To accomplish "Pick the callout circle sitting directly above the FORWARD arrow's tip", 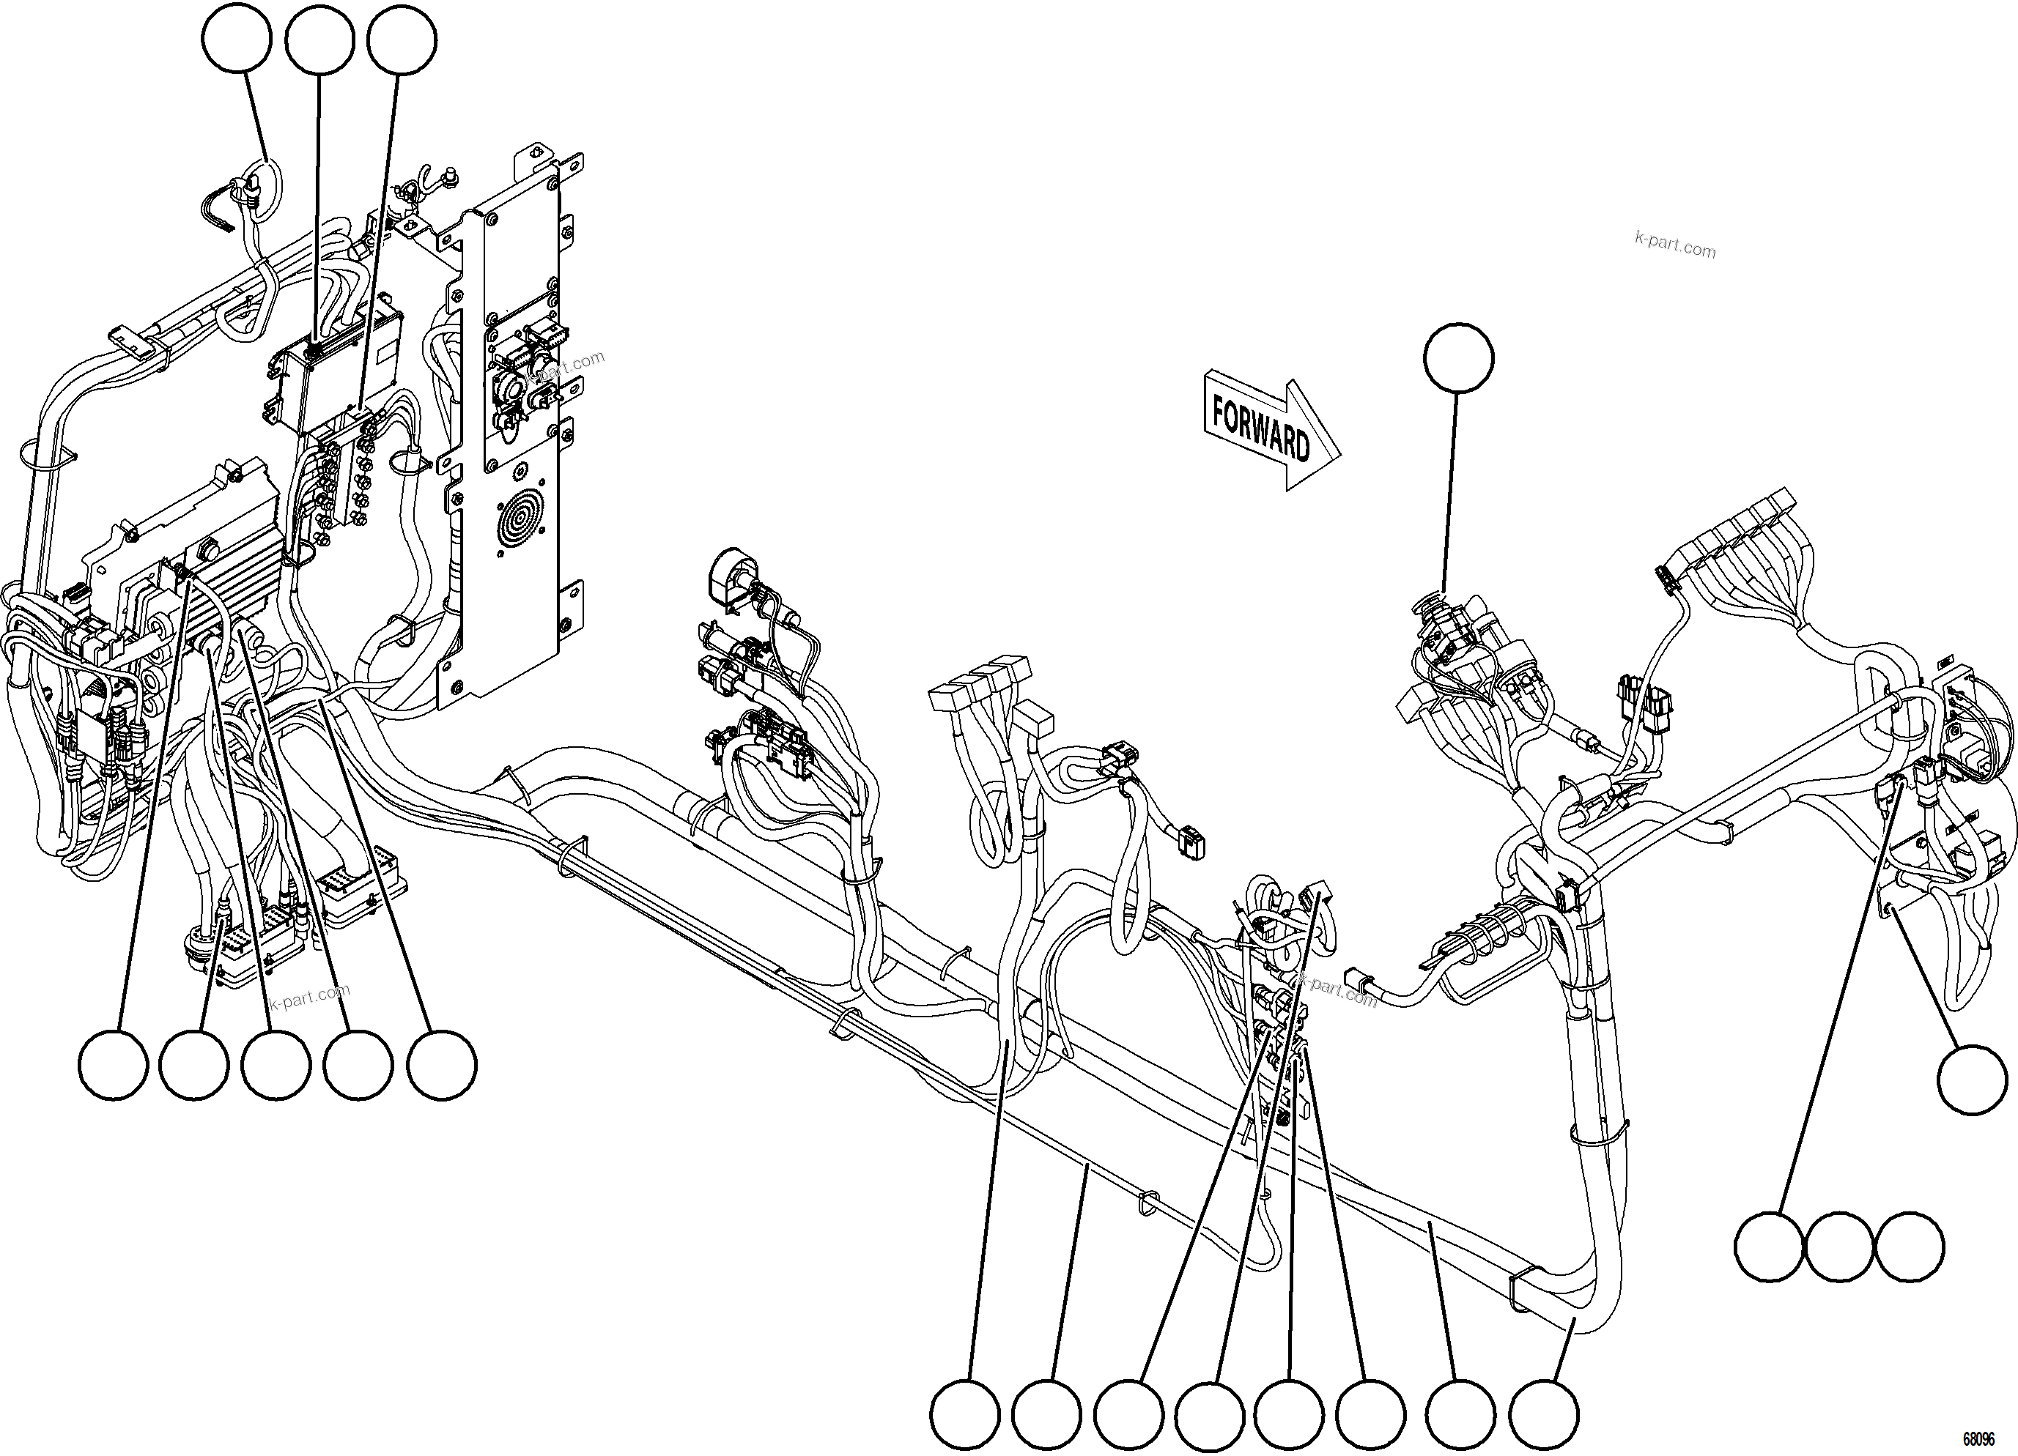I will [1458, 357].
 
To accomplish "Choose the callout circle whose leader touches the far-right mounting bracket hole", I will [1973, 1080].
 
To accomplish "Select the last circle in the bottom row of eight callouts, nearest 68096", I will [1545, 1414].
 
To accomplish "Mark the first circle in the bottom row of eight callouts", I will [966, 1414].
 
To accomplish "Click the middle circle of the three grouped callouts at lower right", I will [1840, 1247].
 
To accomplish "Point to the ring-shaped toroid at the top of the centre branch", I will [731, 576].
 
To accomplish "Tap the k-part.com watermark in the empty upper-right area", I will [1674, 245].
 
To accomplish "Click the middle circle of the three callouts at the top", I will [320, 41].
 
